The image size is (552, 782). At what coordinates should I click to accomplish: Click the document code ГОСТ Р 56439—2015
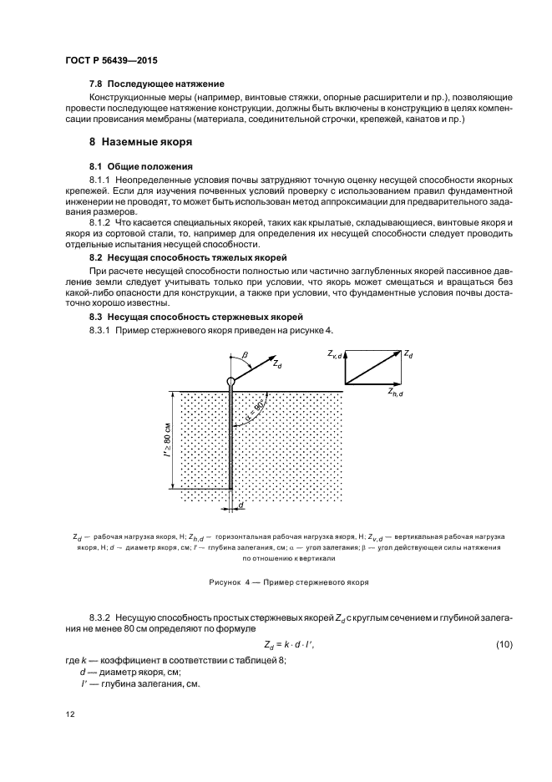click(111, 62)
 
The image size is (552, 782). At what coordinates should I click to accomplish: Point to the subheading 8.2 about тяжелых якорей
click(188, 258)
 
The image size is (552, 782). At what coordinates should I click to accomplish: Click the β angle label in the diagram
click(246, 355)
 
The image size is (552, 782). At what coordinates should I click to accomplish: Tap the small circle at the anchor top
click(230, 382)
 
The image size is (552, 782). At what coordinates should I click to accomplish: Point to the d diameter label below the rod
click(241, 505)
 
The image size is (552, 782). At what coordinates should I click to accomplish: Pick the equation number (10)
click(504, 644)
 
